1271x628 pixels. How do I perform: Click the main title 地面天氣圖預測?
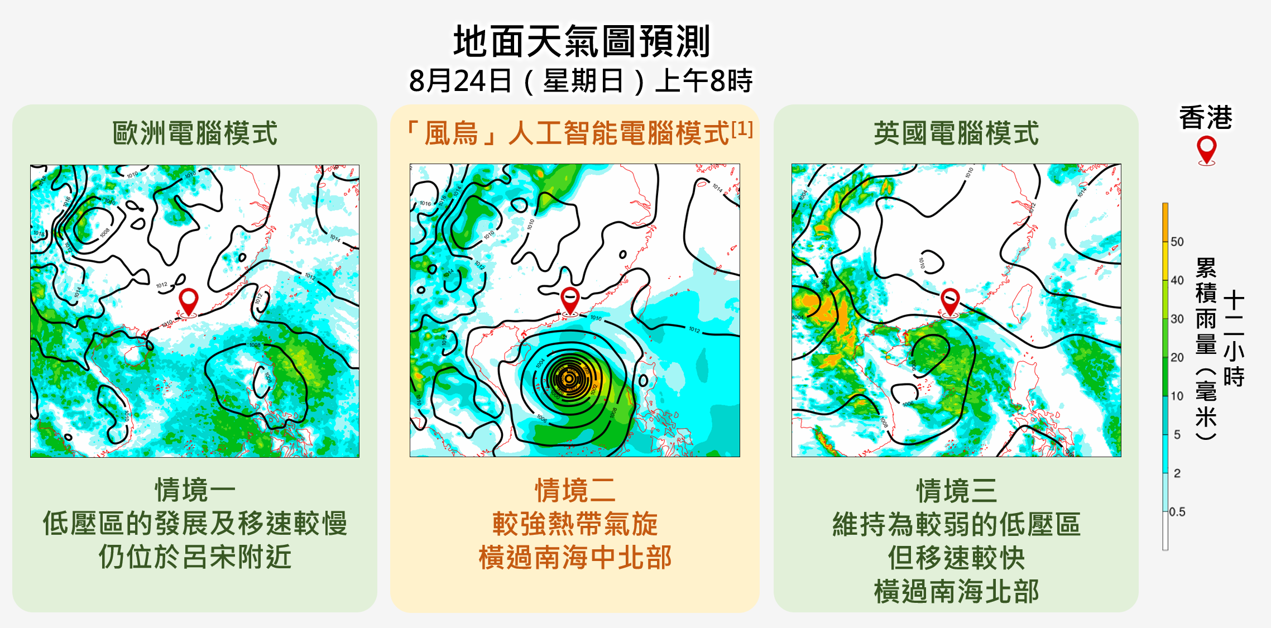(581, 42)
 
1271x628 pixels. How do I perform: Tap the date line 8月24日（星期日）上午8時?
(581, 81)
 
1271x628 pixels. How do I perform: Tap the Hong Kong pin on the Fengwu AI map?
(570, 300)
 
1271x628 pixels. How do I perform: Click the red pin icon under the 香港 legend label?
(1206, 150)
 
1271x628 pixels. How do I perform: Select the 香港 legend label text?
(1206, 118)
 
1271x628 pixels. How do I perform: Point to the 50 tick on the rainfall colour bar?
(1177, 242)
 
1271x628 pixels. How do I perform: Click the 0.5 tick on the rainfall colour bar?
(1177, 512)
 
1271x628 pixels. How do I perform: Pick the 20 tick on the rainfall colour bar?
(1177, 357)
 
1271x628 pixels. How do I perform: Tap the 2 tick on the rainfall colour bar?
(1177, 473)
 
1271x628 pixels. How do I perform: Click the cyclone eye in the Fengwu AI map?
(569, 378)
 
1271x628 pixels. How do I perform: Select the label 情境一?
(195, 490)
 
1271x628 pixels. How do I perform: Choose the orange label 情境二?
(575, 490)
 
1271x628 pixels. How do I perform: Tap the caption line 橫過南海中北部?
(575, 558)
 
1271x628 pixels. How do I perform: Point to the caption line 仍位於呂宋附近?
(195, 557)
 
